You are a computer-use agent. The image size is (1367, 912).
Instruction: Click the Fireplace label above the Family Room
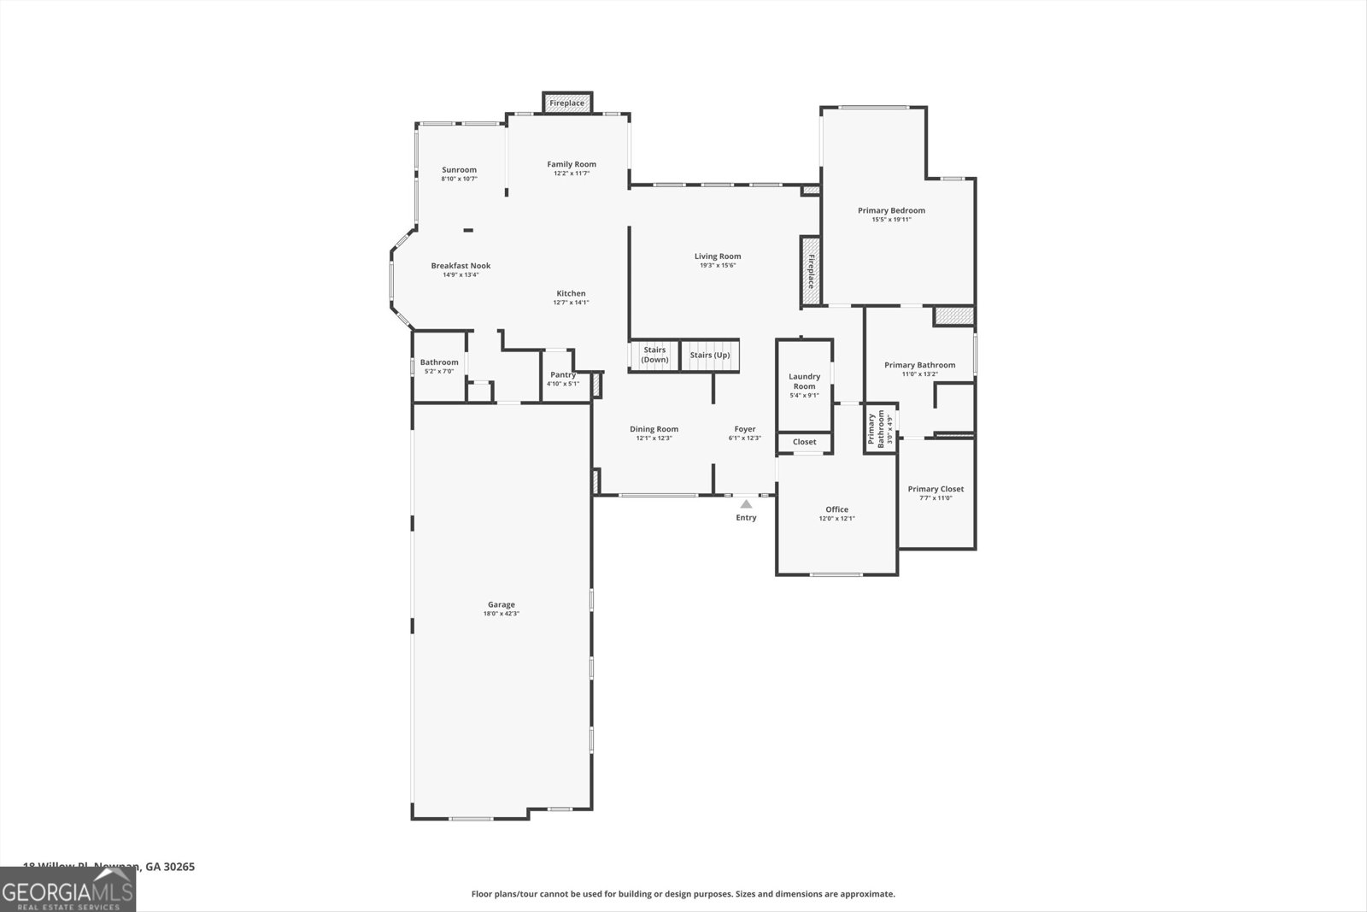567,103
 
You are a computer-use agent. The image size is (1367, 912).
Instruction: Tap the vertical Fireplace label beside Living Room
811,272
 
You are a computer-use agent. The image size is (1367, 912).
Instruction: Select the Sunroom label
459,169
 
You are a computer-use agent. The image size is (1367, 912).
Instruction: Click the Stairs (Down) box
654,355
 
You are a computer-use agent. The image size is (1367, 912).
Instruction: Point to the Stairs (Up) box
710,355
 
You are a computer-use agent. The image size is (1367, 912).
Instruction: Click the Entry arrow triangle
746,504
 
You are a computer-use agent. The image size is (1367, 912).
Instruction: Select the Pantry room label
563,374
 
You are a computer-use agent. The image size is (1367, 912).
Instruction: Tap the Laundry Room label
804,381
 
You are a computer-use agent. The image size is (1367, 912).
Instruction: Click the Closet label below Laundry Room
804,442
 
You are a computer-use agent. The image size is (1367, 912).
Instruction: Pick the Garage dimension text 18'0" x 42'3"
502,614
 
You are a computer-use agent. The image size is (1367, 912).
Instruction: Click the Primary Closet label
936,489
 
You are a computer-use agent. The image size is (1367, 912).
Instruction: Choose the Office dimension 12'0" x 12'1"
836,519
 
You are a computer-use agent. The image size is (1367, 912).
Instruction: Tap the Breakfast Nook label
461,266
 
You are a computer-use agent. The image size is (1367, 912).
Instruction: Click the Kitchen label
571,293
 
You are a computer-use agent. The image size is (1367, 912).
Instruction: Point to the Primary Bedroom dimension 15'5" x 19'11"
891,220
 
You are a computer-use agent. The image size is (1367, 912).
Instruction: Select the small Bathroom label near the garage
439,362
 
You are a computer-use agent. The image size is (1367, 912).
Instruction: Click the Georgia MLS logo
67,889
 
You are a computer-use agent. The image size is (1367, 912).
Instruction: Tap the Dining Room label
654,429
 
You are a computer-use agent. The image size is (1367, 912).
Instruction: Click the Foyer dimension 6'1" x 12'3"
744,438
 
